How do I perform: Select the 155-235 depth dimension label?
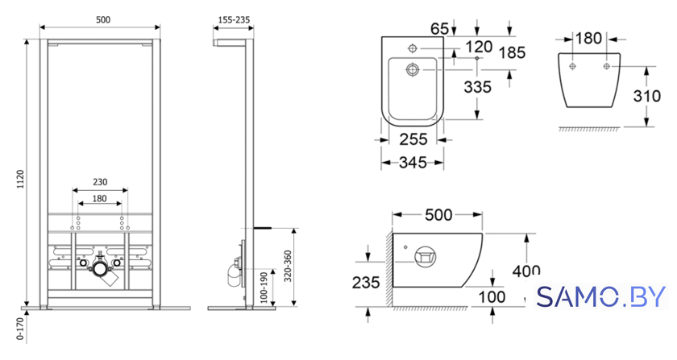(234, 20)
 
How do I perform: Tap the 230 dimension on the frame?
(100, 182)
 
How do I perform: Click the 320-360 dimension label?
(288, 267)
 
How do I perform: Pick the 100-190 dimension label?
(264, 287)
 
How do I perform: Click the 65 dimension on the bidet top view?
(439, 28)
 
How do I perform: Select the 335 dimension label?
(477, 87)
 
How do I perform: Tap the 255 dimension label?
(413, 139)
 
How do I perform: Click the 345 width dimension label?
(413, 163)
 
